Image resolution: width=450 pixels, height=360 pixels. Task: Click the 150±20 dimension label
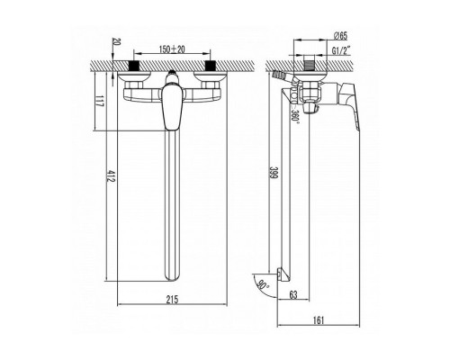pyautogui.click(x=172, y=49)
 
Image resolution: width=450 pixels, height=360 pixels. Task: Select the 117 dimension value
pyautogui.click(x=100, y=101)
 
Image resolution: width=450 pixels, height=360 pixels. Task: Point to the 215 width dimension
pyautogui.click(x=172, y=299)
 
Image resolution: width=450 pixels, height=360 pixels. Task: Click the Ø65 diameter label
pyautogui.click(x=340, y=36)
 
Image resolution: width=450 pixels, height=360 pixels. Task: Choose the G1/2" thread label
pyautogui.click(x=341, y=50)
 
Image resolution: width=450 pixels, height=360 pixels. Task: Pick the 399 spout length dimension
pyautogui.click(x=274, y=173)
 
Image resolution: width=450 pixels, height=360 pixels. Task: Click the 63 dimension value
pyautogui.click(x=293, y=294)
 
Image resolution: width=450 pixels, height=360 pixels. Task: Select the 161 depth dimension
pyautogui.click(x=319, y=320)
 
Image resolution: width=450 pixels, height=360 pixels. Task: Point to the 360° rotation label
pyautogui.click(x=295, y=115)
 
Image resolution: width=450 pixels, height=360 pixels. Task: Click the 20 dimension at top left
pyautogui.click(x=116, y=42)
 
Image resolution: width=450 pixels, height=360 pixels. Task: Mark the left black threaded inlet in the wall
pyautogui.click(x=135, y=66)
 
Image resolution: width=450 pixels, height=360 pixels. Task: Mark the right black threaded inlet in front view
pyautogui.click(x=210, y=66)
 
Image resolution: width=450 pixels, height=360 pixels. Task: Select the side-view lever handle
pyautogui.click(x=349, y=106)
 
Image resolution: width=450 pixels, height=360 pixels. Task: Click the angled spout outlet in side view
pyautogui.click(x=283, y=274)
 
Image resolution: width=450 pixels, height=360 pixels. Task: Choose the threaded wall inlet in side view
pyautogui.click(x=308, y=66)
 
